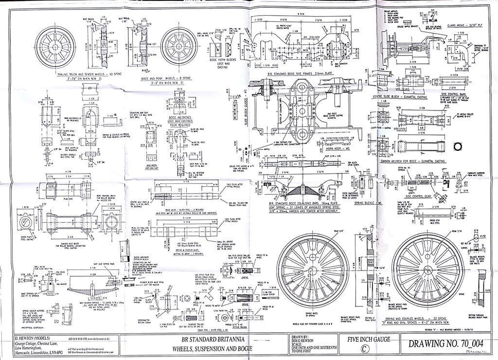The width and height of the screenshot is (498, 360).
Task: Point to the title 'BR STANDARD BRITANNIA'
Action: point(211,339)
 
